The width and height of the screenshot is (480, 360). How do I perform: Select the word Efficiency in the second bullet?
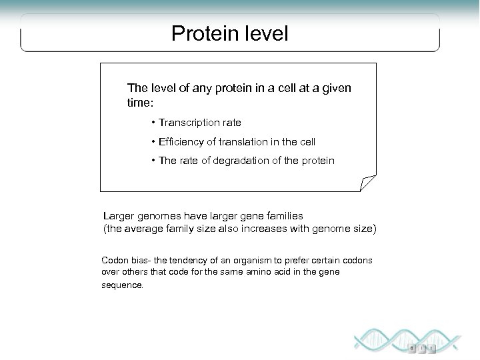(181, 142)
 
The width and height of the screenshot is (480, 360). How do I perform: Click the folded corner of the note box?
(368, 183)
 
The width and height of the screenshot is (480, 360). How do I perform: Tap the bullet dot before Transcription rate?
(153, 123)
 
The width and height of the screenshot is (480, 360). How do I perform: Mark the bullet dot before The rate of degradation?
(153, 161)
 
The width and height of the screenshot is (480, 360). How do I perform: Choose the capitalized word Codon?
(114, 260)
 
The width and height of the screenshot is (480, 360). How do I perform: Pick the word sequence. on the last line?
(122, 284)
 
